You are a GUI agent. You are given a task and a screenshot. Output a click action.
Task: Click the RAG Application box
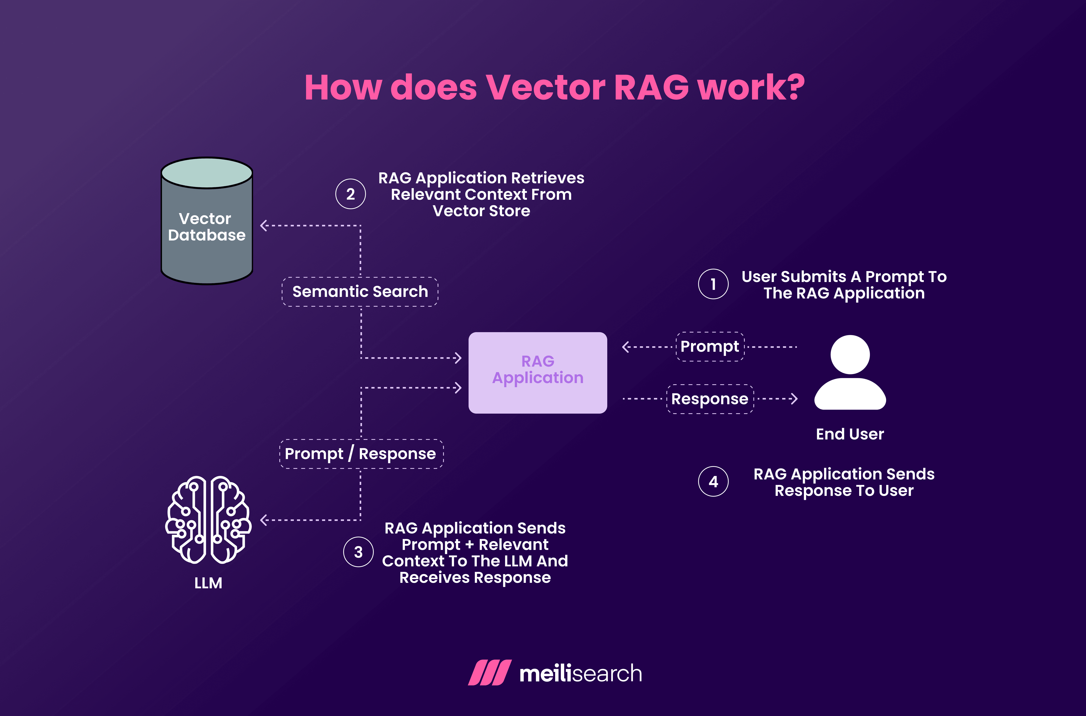(538, 373)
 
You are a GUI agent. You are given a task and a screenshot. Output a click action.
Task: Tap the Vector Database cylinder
(207, 221)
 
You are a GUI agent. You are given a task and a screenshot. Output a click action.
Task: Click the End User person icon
(850, 372)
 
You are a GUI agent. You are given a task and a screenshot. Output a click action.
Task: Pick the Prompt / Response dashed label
(361, 454)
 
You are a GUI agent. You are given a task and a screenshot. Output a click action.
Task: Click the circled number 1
(713, 284)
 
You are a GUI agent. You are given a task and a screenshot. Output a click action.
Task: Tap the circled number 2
(350, 194)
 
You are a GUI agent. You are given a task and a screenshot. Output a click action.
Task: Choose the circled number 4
(713, 482)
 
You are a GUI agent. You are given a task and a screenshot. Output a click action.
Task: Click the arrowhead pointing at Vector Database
(263, 226)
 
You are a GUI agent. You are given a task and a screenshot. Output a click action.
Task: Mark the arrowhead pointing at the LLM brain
(263, 520)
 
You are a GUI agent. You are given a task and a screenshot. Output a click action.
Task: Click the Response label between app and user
(710, 399)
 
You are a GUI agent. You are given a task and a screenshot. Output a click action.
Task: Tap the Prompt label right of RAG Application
(710, 347)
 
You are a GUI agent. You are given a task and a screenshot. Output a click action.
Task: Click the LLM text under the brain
(208, 583)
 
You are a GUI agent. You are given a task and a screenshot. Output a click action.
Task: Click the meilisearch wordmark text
(580, 674)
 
